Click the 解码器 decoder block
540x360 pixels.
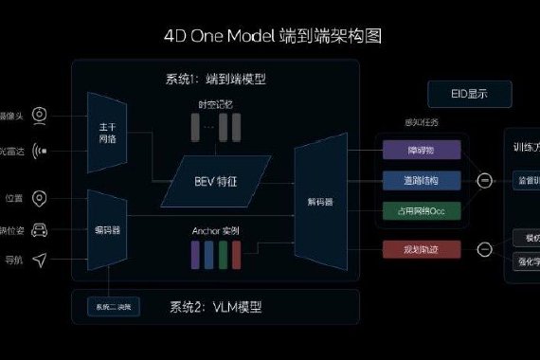(x=320, y=201)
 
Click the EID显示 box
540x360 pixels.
(x=468, y=95)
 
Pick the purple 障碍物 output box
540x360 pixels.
(x=423, y=149)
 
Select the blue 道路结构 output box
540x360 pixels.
(x=423, y=180)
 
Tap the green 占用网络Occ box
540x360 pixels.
(x=423, y=210)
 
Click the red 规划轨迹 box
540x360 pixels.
(x=423, y=250)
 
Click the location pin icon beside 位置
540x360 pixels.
(x=40, y=198)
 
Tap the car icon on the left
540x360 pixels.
(x=40, y=229)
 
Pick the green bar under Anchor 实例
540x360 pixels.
(x=222, y=254)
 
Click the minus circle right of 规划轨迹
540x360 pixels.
(x=485, y=250)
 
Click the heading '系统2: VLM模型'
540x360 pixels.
(x=215, y=307)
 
